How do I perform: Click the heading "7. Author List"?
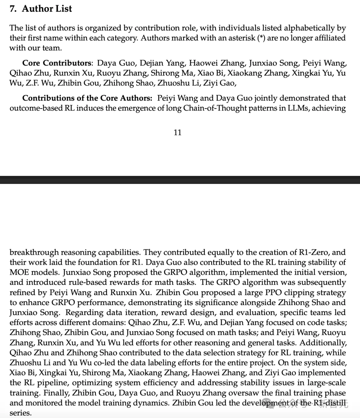tap(41, 9)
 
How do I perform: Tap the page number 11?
tap(178, 133)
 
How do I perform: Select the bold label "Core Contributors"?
tap(57, 63)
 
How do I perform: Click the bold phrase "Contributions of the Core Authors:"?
tap(87, 98)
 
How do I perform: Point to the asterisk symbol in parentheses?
tap(261, 38)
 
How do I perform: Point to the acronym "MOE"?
tap(18, 272)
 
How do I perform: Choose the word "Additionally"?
tap(323, 343)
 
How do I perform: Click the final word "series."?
tap(20, 413)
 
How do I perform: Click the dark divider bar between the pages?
tap(180, 180)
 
